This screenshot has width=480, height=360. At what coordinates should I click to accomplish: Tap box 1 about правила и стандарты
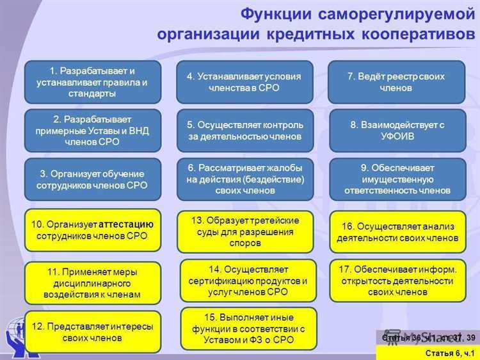pos(93,82)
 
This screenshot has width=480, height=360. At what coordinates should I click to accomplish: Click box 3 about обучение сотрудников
pos(93,179)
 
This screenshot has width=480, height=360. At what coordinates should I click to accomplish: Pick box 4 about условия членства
pos(244,82)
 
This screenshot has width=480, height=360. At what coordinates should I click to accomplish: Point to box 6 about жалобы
pos(244,179)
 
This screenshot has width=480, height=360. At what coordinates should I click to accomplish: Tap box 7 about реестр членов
pos(396,82)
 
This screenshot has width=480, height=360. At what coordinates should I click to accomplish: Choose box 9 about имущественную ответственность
pos(396,179)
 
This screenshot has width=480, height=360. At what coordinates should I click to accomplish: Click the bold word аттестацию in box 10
pos(127,224)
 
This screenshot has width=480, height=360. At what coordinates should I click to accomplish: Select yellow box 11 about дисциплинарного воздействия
pos(93,283)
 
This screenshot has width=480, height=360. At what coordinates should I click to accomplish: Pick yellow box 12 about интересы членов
pos(93,332)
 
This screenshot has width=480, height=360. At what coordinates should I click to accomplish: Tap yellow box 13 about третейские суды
pos(244,231)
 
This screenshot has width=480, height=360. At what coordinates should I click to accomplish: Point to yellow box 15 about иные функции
pos(248,329)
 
